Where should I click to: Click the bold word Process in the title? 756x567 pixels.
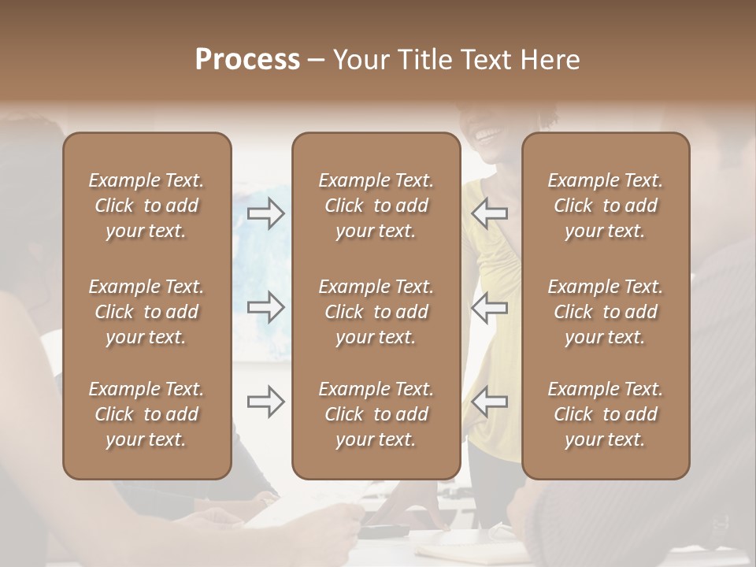point(247,60)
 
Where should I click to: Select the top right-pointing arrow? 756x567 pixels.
point(266,213)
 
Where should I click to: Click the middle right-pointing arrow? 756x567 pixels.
point(266,307)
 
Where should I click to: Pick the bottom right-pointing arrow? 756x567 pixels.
point(266,402)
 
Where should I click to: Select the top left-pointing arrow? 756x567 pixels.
point(489,213)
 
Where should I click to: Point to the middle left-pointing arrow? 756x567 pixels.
point(489,307)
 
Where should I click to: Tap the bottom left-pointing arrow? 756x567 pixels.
point(489,402)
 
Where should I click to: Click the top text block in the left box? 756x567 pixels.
point(146,206)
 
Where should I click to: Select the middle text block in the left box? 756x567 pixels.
point(146,312)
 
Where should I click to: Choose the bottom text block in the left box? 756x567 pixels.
point(146,414)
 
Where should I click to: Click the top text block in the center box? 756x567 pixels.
point(376,206)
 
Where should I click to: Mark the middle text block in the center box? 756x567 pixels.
point(376,312)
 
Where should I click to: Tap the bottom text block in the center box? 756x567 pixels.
point(376,414)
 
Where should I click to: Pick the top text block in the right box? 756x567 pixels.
point(605,206)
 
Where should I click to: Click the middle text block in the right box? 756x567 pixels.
point(605,312)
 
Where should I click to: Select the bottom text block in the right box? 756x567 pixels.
point(605,414)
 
